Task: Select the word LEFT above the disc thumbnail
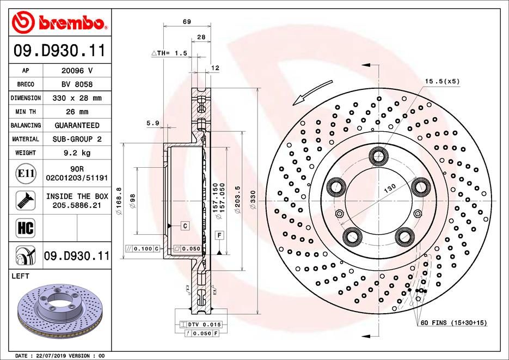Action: click(x=20, y=277)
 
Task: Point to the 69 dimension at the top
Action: click(x=186, y=22)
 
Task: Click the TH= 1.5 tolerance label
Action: click(x=169, y=53)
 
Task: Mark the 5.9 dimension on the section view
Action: click(x=152, y=124)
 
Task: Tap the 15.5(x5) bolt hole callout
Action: click(x=443, y=81)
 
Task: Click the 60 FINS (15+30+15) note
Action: click(x=453, y=323)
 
